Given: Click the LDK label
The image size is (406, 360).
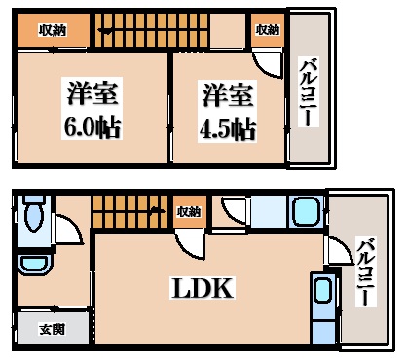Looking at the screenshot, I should (x=203, y=289).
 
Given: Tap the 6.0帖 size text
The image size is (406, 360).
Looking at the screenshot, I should (x=93, y=126).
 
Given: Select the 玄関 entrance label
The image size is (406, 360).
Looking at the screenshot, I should (x=53, y=330).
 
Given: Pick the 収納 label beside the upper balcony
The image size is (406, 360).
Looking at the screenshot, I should (x=267, y=30).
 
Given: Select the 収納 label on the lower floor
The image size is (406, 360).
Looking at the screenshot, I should (x=189, y=210).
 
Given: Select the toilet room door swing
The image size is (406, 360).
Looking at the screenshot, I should (x=68, y=230).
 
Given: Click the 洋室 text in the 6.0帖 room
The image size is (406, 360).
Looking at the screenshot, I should (x=93, y=95).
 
